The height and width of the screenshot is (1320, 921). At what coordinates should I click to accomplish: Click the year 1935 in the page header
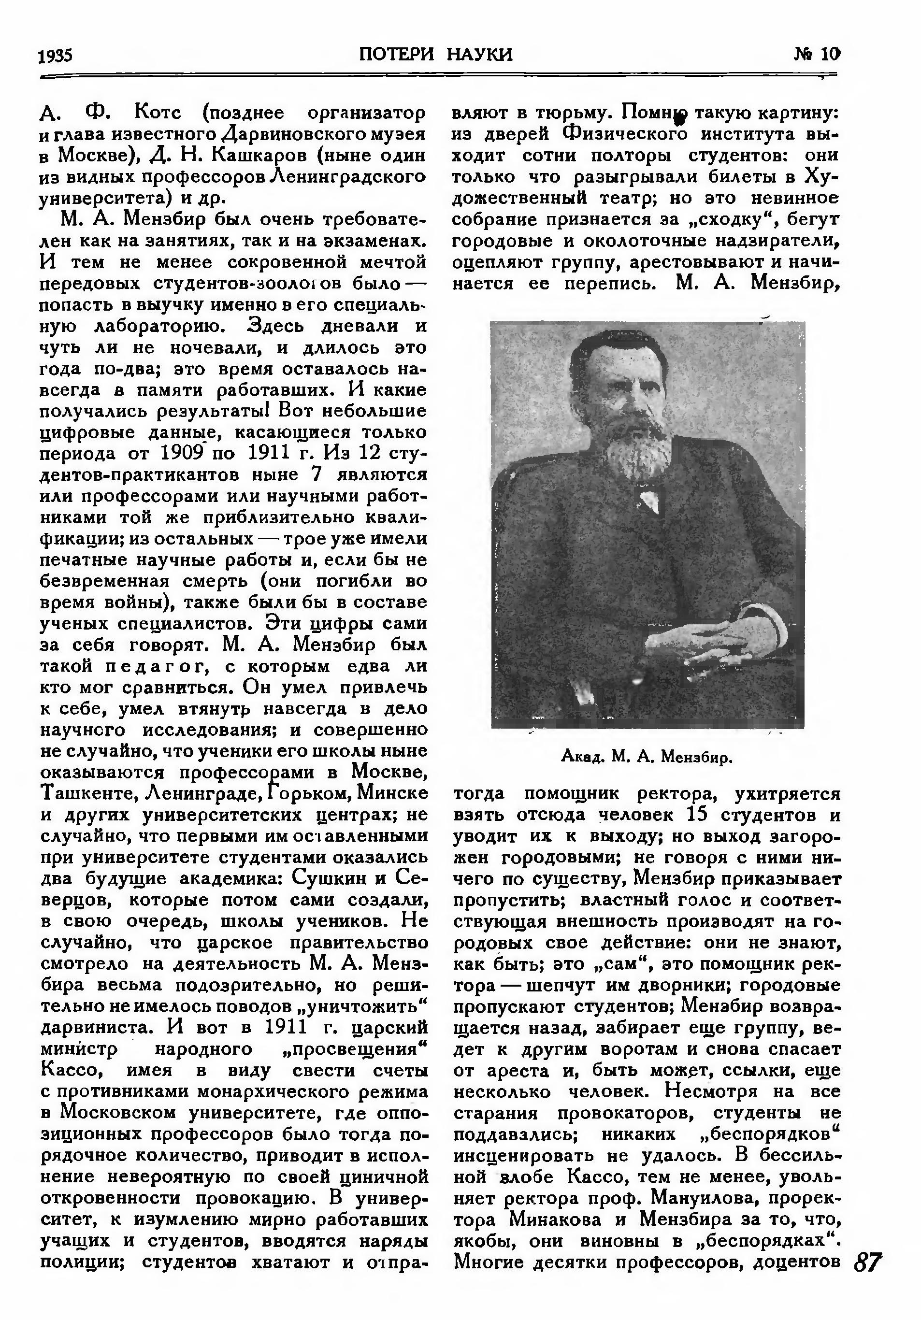click(x=55, y=56)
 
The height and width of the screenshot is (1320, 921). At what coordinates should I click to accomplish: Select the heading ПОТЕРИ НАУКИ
click(x=435, y=54)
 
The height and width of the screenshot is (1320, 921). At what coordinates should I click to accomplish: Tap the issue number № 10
click(x=816, y=54)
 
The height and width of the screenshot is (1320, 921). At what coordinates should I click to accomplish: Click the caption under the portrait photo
click(x=647, y=757)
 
